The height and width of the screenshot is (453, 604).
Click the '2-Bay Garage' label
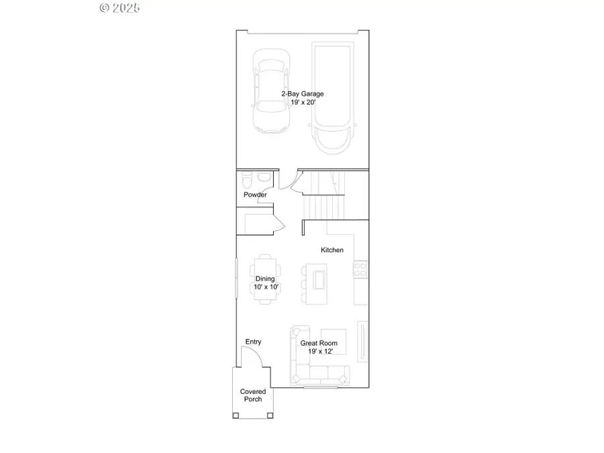(302, 94)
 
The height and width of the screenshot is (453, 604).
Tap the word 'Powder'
(255, 195)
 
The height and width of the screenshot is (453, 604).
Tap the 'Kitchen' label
(332, 250)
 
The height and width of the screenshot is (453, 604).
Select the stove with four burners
(360, 270)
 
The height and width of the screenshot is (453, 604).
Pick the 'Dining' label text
(265, 279)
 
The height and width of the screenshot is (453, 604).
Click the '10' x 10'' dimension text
(266, 287)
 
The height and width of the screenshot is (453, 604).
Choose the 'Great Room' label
(319, 343)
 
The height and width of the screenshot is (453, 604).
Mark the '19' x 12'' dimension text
(319, 351)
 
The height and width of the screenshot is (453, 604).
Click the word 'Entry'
(253, 342)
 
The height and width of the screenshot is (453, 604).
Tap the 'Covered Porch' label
(253, 395)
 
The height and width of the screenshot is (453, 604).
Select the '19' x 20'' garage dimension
(302, 102)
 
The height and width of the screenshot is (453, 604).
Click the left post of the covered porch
(236, 415)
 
